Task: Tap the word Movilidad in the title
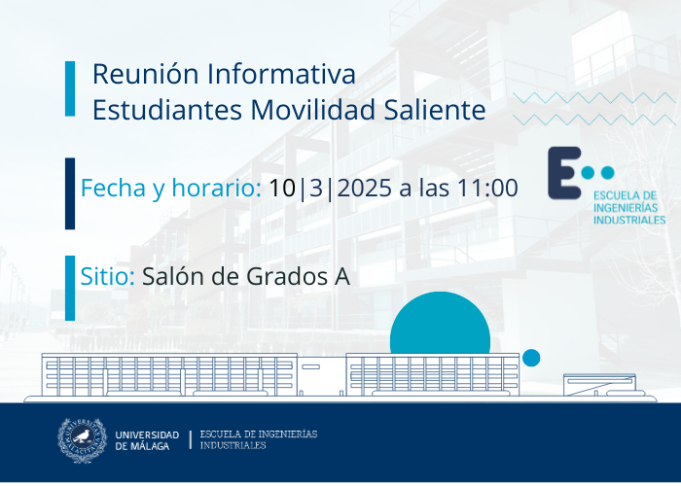tap(312, 109)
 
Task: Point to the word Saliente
tap(434, 109)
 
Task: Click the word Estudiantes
tap(167, 109)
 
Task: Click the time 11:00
tap(486, 188)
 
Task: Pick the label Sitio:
tap(107, 276)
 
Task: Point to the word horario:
tap(216, 188)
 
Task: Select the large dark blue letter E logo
tap(564, 173)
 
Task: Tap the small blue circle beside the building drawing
tap(531, 358)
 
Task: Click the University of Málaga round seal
tap(82, 440)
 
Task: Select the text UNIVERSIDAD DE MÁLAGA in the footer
tap(147, 440)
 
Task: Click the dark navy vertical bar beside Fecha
tap(70, 193)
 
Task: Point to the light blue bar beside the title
tap(70, 88)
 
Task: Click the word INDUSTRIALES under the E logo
tap(629, 220)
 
